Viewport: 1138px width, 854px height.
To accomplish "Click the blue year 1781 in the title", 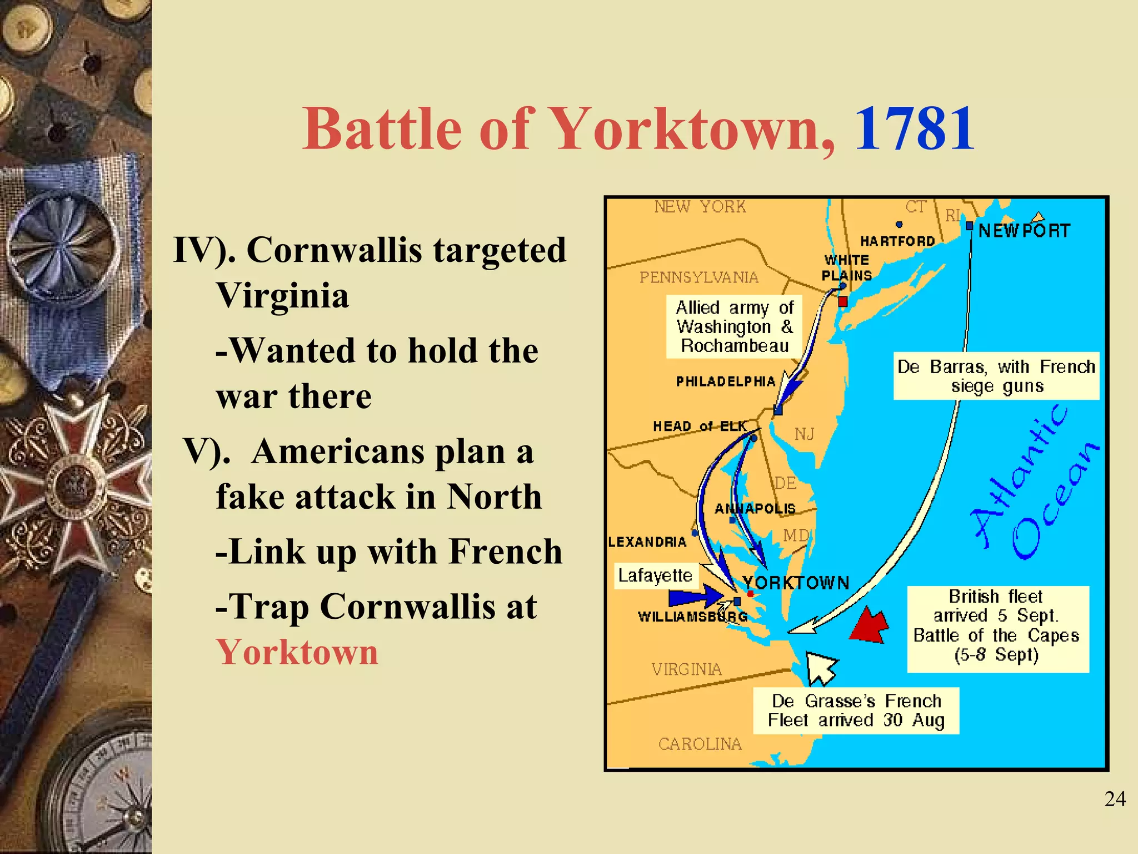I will (914, 130).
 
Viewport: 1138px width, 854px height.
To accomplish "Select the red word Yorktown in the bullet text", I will (297, 652).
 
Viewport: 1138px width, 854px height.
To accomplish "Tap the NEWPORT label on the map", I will (1024, 231).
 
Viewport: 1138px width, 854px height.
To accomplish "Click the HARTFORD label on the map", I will (897, 241).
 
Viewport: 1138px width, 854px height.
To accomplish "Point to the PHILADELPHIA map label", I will (725, 381).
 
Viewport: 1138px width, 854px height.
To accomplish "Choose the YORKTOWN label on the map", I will (796, 583).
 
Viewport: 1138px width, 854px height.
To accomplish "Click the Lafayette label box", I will (655, 575).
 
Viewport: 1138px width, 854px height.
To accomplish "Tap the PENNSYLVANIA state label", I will (698, 277).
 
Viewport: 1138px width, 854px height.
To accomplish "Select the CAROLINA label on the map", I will (700, 744).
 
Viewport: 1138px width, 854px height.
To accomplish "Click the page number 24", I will (1115, 799).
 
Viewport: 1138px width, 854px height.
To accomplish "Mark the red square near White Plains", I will (843, 301).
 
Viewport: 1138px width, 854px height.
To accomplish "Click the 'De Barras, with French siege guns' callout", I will (996, 376).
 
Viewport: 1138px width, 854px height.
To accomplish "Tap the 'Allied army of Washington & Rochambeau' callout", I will (734, 326).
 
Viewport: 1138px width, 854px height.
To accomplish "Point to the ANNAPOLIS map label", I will (755, 509).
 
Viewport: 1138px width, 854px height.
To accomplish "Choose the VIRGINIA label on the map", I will (686, 669).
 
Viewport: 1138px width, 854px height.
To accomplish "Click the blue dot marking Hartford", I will (899, 225).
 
